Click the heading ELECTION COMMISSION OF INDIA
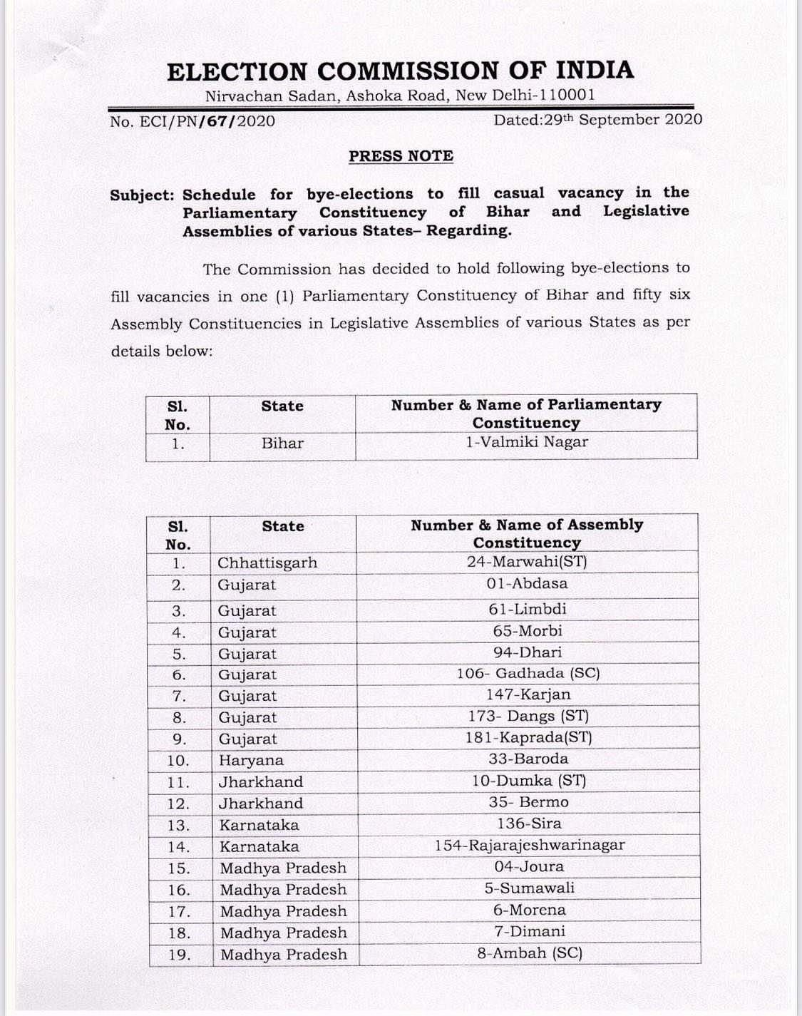pos(400,71)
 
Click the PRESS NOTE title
pos(401,156)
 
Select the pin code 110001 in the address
pos(567,95)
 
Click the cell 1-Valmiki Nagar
pos(527,442)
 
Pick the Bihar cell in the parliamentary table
pos(282,443)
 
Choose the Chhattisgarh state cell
pos(267,563)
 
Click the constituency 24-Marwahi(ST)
pos(527,562)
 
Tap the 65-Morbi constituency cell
pos(528,631)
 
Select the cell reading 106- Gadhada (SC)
pos(528,674)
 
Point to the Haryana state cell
pos(251,760)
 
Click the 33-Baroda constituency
pos(528,759)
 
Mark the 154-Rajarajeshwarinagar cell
pos(530,846)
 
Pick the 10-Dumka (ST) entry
pos(529,781)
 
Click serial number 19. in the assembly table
pos(179,955)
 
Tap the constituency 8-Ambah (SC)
pos(529,953)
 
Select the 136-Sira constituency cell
pos(529,823)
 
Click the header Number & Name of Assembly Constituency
pos(527,533)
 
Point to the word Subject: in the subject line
pos(142,195)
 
